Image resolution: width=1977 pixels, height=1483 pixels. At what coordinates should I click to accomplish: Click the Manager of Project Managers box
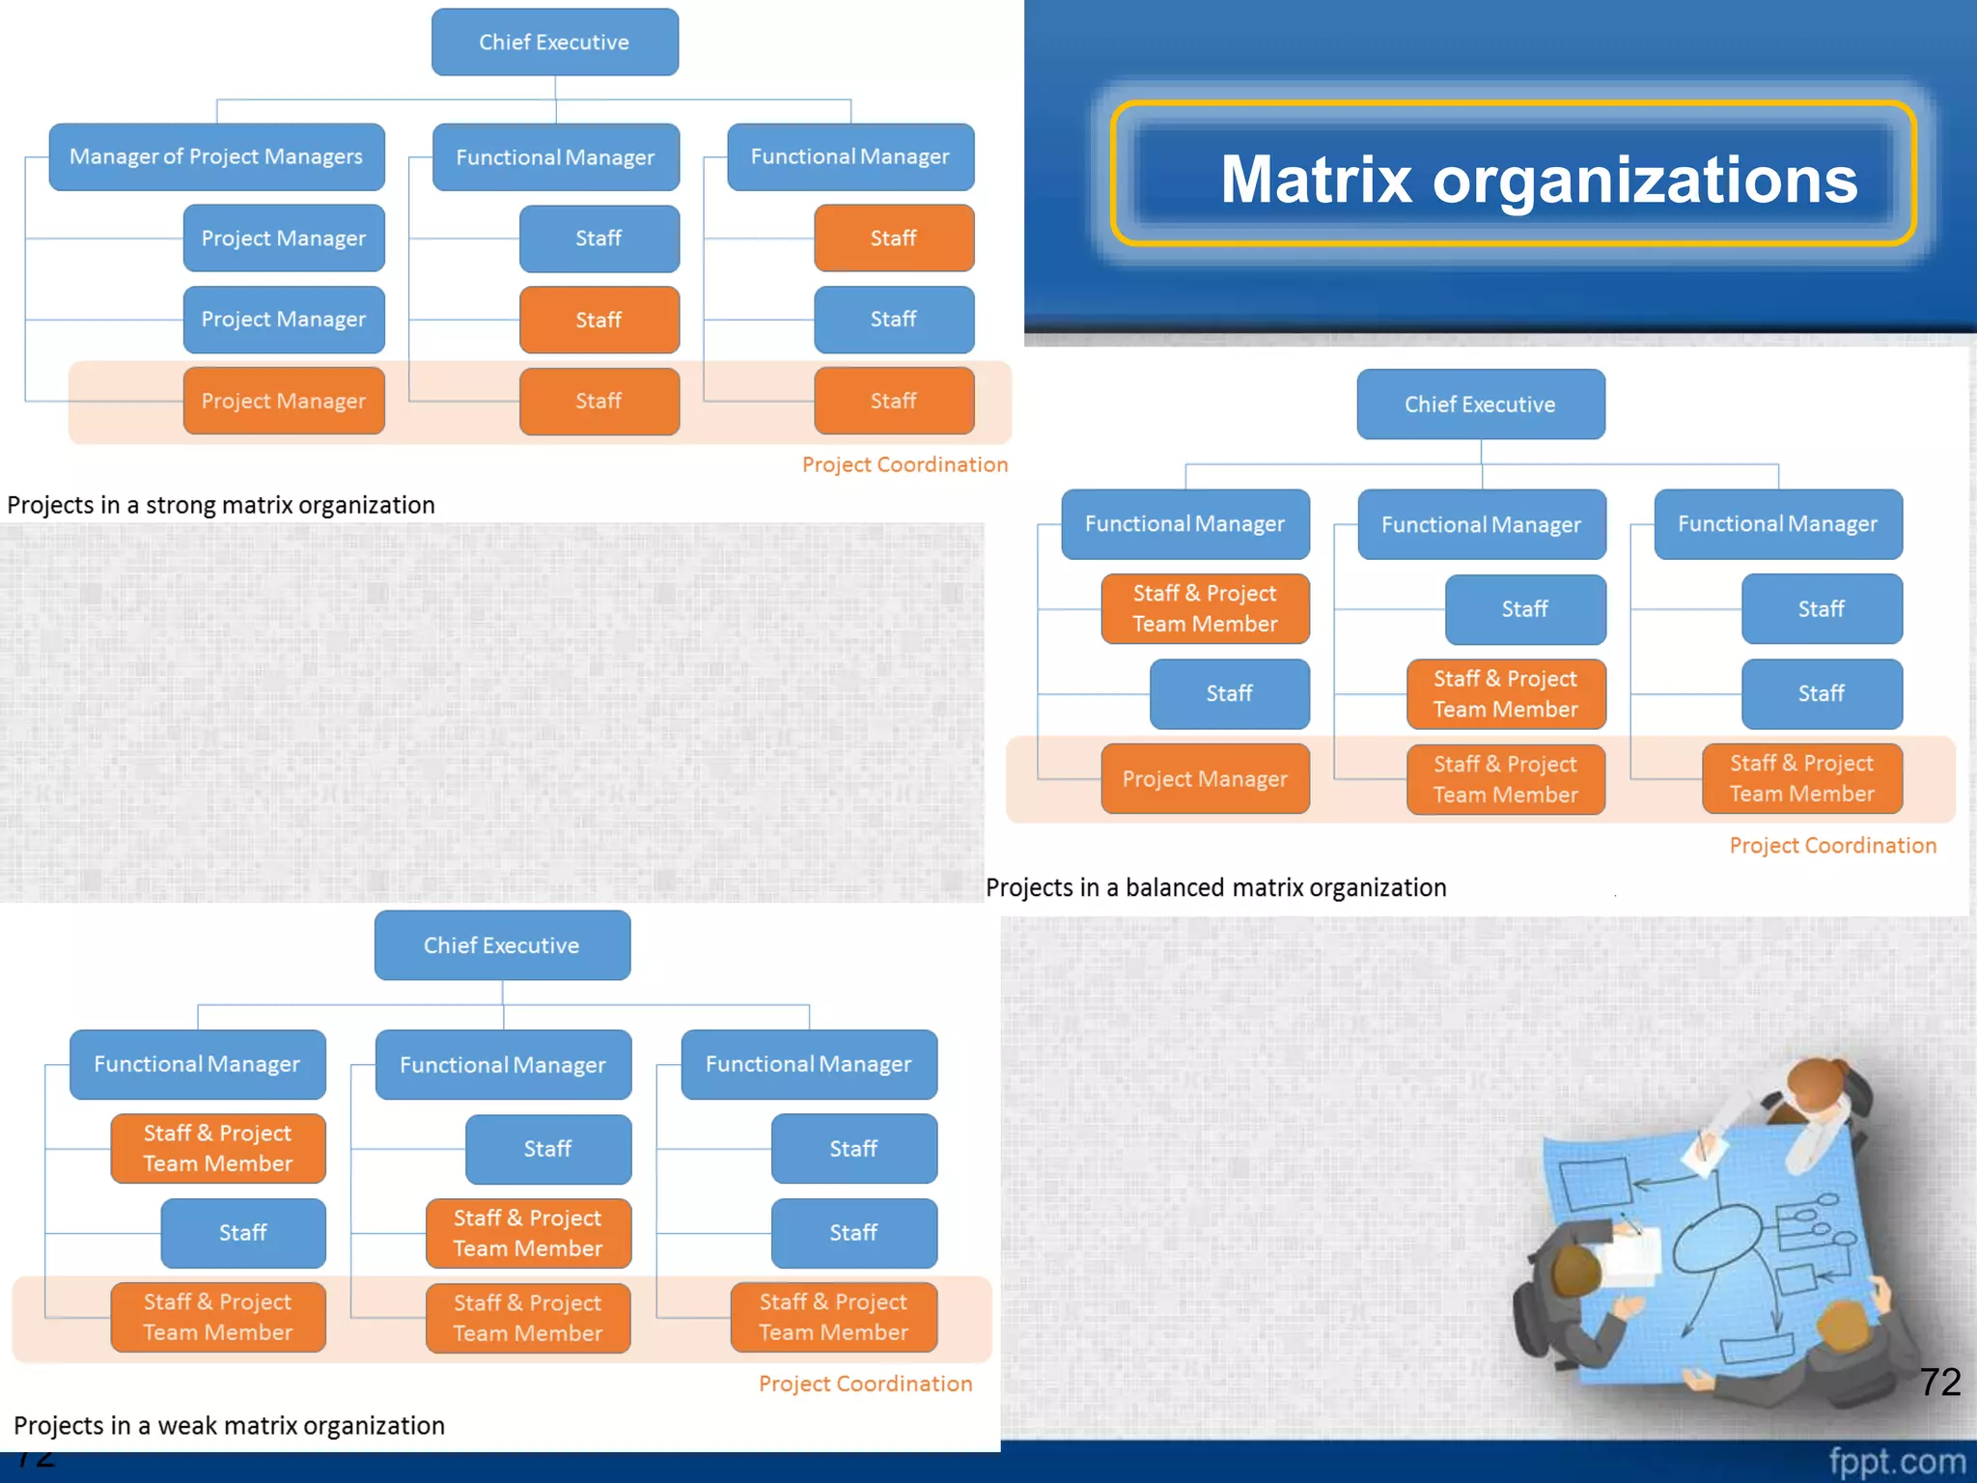click(216, 156)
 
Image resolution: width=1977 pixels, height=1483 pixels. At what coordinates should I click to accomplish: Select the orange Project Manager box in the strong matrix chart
click(284, 401)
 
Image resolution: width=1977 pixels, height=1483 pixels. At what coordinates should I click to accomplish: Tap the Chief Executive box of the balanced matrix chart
click(1480, 405)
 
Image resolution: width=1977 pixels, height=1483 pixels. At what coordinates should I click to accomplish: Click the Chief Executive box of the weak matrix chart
click(502, 945)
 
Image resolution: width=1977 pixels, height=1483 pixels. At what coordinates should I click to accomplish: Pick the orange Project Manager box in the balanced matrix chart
click(1205, 778)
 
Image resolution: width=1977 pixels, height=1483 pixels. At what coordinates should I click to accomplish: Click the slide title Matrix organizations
click(1539, 180)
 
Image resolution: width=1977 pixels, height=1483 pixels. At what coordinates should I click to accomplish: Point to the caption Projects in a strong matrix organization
click(221, 505)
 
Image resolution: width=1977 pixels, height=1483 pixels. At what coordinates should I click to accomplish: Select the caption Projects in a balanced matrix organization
click(1215, 887)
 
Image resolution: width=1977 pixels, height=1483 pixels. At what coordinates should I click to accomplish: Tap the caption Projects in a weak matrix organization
click(229, 1425)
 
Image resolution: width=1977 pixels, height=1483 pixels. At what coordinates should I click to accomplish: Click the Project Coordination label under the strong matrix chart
click(905, 464)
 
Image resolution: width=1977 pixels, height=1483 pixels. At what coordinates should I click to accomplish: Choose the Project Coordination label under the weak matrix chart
click(865, 1384)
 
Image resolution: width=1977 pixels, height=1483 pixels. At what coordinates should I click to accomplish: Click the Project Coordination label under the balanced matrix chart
click(1832, 846)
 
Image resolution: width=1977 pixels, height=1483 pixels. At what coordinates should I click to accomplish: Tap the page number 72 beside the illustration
click(1939, 1382)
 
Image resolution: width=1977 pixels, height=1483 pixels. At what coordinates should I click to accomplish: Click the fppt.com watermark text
click(1896, 1462)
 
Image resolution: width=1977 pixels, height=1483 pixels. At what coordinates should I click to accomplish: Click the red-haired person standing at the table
click(1820, 1096)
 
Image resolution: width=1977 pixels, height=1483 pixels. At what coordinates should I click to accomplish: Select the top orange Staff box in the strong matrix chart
click(894, 238)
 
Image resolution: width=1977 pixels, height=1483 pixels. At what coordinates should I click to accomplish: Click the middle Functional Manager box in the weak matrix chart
click(503, 1065)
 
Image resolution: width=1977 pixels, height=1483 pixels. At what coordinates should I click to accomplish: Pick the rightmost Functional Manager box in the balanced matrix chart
click(1777, 524)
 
